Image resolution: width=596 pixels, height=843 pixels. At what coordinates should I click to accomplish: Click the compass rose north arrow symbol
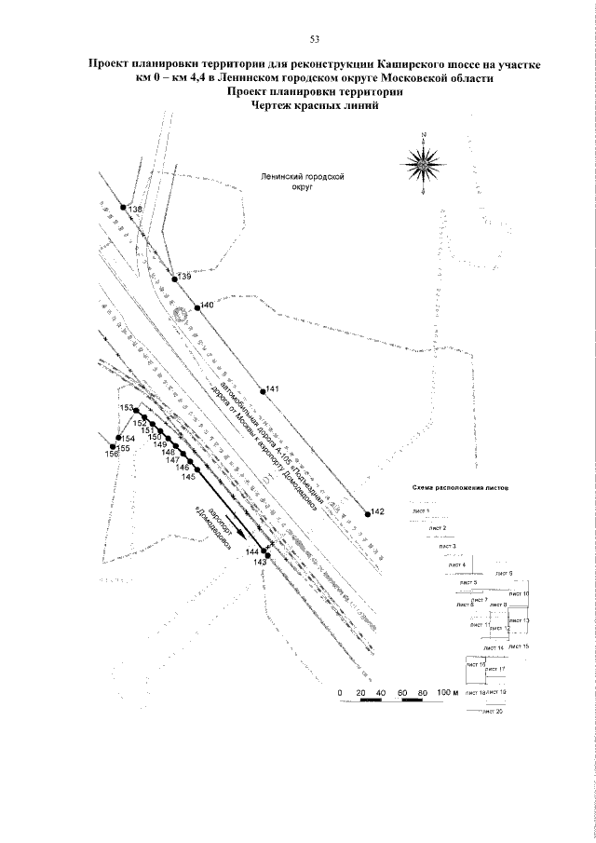[x=424, y=164]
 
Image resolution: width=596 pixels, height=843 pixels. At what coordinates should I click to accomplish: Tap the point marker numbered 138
[x=123, y=207]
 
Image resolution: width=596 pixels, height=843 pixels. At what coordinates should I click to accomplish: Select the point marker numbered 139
[x=174, y=278]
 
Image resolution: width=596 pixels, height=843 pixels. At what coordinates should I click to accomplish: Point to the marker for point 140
[x=196, y=306]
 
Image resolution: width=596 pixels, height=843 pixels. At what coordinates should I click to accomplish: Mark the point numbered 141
[x=263, y=390]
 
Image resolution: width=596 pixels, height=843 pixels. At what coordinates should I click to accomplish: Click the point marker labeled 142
[x=365, y=511]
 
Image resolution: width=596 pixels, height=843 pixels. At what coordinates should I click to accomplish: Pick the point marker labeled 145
[x=195, y=470]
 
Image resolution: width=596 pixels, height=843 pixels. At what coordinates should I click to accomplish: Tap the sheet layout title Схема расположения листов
[x=459, y=488]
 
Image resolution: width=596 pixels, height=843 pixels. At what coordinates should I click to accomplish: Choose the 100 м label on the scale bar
[x=450, y=693]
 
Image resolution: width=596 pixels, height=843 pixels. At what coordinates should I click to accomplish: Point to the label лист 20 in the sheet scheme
[x=493, y=713]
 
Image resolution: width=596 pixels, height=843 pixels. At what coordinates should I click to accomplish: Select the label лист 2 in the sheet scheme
[x=438, y=528]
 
